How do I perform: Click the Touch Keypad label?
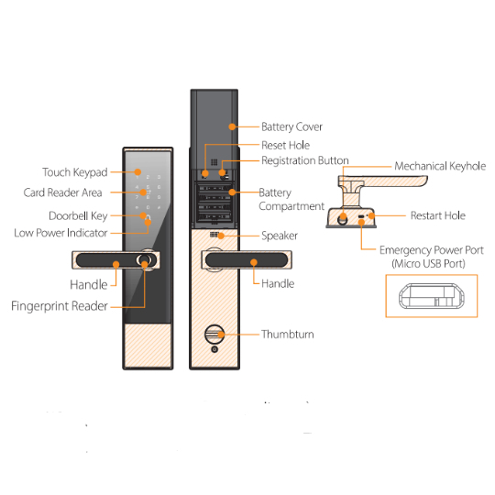click(75, 172)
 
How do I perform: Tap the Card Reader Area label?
click(63, 192)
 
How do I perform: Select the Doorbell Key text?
click(78, 216)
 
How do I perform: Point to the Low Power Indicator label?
click(60, 233)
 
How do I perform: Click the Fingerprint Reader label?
click(60, 306)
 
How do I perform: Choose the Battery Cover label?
click(292, 126)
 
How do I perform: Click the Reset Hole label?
click(286, 145)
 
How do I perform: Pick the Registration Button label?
click(305, 160)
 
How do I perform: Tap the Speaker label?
click(280, 236)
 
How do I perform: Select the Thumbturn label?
click(288, 335)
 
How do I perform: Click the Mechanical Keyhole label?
click(440, 166)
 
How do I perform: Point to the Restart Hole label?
click(438, 215)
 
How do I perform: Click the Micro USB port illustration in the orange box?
click(432, 296)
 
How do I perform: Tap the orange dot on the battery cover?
click(232, 126)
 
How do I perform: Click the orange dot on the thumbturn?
click(221, 335)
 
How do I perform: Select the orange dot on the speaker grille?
click(221, 236)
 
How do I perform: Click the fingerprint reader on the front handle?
click(144, 260)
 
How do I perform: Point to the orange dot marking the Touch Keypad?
click(137, 172)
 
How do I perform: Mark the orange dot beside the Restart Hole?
click(372, 216)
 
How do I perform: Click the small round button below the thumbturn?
click(214, 349)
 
